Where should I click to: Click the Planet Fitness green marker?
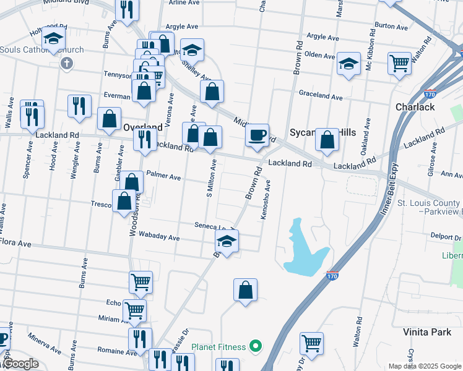tap(253, 346)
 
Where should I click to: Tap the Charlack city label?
tap(415, 107)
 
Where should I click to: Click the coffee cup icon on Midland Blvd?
tap(257, 135)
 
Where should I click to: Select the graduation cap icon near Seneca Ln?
tap(227, 242)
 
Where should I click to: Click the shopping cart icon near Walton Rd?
tap(399, 62)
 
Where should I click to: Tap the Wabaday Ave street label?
tap(160, 237)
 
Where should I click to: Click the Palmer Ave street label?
tap(163, 177)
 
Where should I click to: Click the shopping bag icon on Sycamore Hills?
tap(327, 140)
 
